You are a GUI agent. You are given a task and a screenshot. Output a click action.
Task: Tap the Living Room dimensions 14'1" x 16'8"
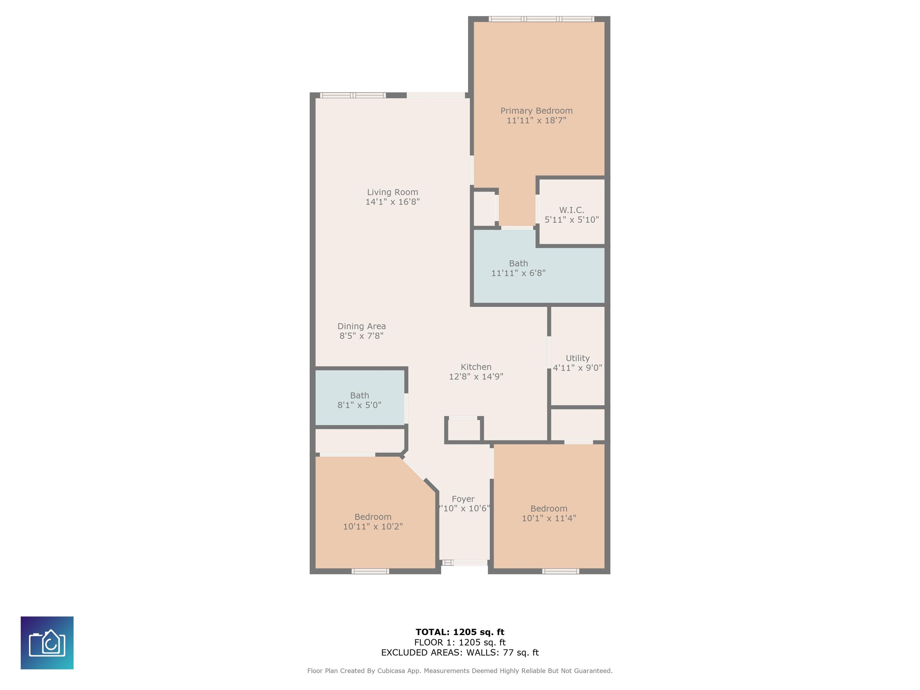pyautogui.click(x=392, y=202)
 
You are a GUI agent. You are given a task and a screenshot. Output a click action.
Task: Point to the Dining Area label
pyautogui.click(x=361, y=326)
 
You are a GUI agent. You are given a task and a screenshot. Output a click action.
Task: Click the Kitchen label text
pyautogui.click(x=476, y=367)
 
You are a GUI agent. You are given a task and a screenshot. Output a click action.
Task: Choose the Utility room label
pyautogui.click(x=577, y=358)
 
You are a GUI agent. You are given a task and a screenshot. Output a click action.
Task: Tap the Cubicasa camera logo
pyautogui.click(x=47, y=643)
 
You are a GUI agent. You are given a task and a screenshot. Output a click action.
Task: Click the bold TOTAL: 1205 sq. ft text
pyautogui.click(x=460, y=632)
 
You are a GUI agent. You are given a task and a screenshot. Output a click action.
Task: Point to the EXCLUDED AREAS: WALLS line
pyautogui.click(x=460, y=652)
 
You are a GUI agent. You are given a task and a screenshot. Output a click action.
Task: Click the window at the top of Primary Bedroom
pyautogui.click(x=541, y=19)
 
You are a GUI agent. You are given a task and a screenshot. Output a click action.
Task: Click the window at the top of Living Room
pyautogui.click(x=353, y=95)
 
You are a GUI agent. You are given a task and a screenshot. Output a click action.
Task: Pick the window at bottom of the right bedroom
pyautogui.click(x=561, y=571)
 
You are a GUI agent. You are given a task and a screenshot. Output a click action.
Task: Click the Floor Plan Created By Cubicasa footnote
pyautogui.click(x=460, y=671)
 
